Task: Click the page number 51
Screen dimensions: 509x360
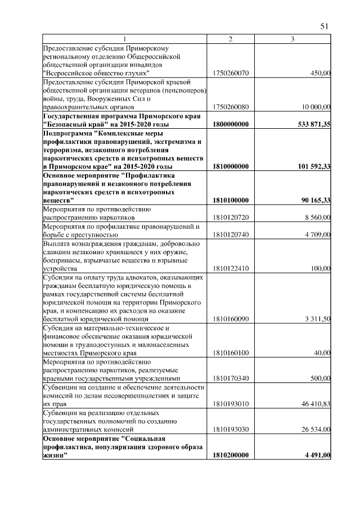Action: (x=324, y=26)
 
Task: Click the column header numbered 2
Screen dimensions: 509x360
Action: (x=230, y=39)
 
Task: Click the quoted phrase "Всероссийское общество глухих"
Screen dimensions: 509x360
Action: (x=96, y=73)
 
